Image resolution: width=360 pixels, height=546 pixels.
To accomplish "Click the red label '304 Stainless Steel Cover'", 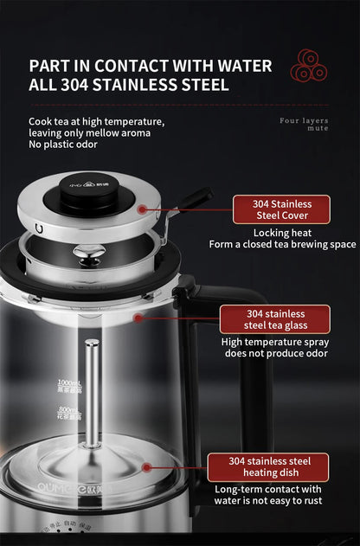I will click(x=281, y=209).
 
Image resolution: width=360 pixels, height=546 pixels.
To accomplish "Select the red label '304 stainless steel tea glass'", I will click(x=274, y=319).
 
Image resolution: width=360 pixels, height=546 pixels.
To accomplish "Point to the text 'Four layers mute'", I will click(x=304, y=124).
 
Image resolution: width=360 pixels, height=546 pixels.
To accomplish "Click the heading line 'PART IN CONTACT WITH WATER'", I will click(x=151, y=66).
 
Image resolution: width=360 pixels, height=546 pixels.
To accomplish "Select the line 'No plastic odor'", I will click(x=64, y=144).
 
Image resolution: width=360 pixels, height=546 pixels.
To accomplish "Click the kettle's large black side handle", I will click(x=227, y=363).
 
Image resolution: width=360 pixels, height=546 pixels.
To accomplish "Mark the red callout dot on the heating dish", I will click(x=147, y=466).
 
